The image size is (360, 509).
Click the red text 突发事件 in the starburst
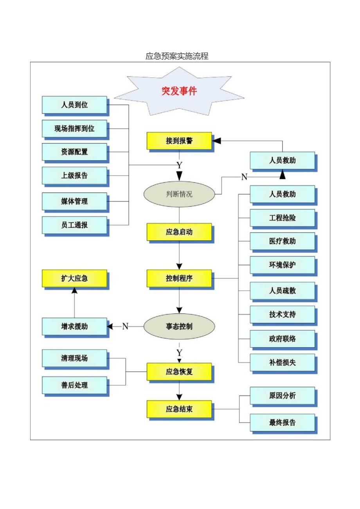[x=179, y=91]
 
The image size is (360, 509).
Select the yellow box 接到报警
[x=179, y=141]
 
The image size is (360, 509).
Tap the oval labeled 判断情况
[x=179, y=194]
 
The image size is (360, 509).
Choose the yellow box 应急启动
[x=179, y=232]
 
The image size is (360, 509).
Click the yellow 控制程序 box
[x=179, y=278]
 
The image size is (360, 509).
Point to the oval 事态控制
[x=179, y=326]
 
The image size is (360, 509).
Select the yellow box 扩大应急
[x=74, y=278]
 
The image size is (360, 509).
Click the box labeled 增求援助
[x=74, y=326]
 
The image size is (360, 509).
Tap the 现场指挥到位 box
[x=74, y=128]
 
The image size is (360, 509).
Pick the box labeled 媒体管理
[x=74, y=201]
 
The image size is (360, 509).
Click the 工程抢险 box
[x=282, y=218]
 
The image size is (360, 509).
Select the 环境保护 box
[x=282, y=265]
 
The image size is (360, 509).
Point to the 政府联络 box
[x=282, y=339]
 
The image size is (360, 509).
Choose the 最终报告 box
[x=282, y=422]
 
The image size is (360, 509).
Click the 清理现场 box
[x=74, y=358]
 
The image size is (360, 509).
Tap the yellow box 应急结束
[x=179, y=409]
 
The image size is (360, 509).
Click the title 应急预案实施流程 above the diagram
[x=177, y=56]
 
